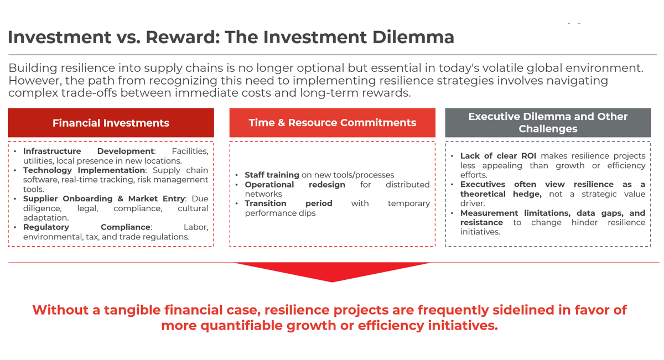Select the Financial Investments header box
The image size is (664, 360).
111,123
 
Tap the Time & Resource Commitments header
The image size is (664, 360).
332,123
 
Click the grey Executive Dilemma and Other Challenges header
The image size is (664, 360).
548,123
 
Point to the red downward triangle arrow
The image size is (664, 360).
332,271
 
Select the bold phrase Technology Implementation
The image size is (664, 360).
84,170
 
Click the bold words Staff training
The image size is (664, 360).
272,175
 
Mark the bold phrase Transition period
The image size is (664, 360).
288,204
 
